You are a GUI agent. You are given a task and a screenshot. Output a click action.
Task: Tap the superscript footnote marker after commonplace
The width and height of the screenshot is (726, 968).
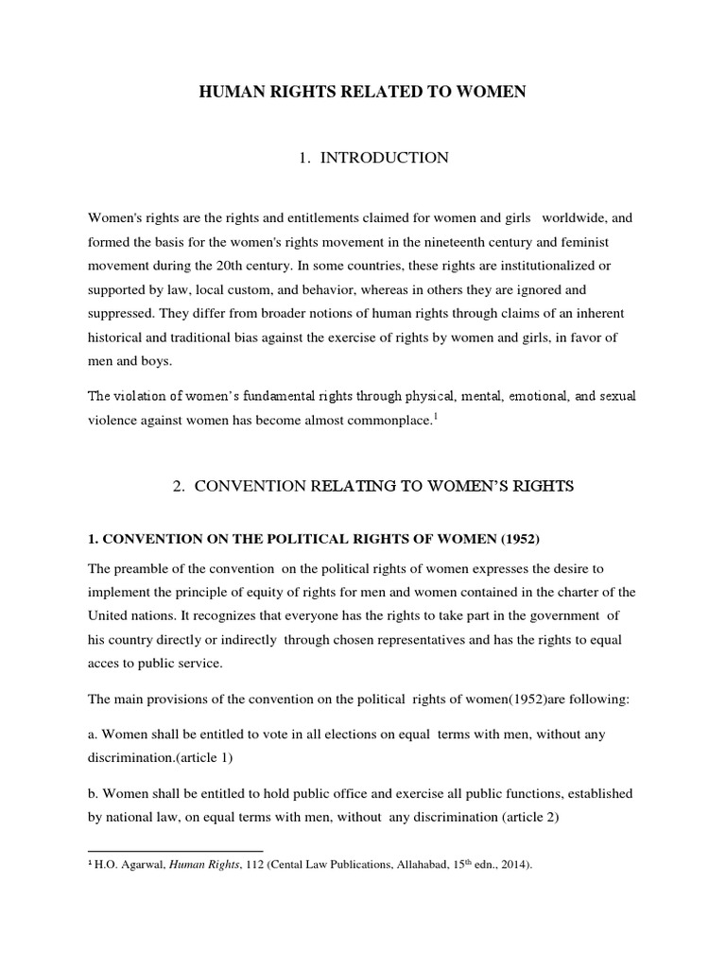(433, 415)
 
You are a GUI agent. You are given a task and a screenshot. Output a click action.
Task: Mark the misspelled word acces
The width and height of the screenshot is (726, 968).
(105, 663)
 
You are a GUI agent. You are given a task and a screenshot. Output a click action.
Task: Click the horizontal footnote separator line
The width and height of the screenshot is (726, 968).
(175, 850)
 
